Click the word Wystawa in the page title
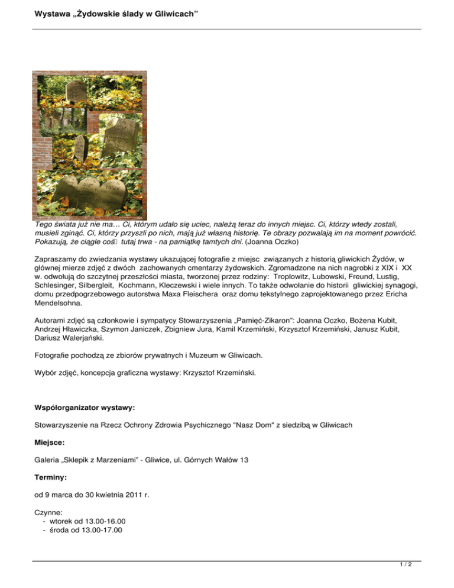point(37,12)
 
